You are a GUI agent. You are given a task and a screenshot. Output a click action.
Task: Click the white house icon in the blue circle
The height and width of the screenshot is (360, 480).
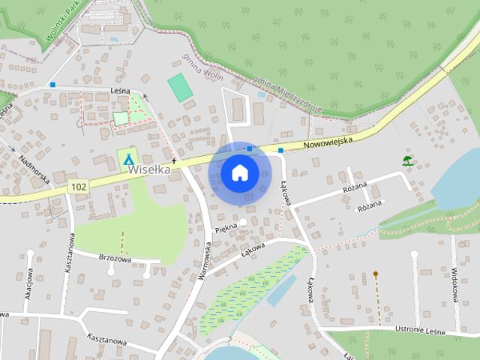coord(239,173)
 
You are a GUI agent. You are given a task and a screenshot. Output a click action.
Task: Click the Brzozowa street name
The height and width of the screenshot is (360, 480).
coord(115,256)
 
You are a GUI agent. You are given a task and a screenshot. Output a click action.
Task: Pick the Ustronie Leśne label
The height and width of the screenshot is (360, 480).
coord(416,331)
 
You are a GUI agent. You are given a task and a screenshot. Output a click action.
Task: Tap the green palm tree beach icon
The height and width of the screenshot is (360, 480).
coord(407,160)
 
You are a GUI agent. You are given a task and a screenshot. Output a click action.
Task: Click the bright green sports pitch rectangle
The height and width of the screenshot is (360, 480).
coord(179,88)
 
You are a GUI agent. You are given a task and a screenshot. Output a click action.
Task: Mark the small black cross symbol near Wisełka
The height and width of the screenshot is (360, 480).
coord(173,160)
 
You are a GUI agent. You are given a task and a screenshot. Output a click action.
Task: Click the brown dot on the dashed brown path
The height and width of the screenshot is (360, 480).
coord(375,274)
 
